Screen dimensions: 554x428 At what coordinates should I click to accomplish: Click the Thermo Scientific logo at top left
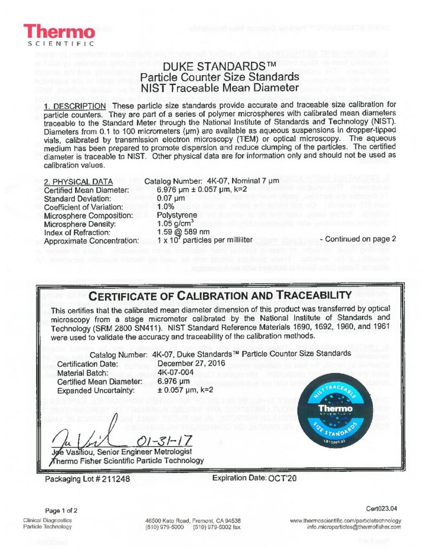click(59, 34)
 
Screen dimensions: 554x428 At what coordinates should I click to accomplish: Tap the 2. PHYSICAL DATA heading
click(78, 181)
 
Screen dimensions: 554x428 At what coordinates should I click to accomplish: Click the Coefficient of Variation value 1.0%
click(164, 206)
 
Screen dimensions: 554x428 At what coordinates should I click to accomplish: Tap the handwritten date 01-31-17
click(157, 436)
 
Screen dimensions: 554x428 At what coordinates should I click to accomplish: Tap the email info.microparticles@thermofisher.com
click(354, 527)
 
